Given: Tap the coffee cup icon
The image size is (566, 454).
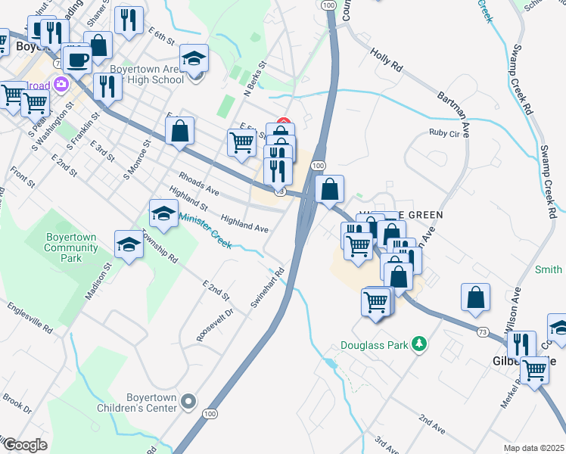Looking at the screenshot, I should (76, 58).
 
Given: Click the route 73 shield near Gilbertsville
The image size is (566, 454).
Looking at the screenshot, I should (482, 331).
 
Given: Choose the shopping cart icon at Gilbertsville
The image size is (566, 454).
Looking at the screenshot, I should (535, 370).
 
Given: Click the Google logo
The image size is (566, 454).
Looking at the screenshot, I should (25, 444).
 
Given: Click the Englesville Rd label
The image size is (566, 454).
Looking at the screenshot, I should (30, 319).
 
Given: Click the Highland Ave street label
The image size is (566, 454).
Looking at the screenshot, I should (244, 222).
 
